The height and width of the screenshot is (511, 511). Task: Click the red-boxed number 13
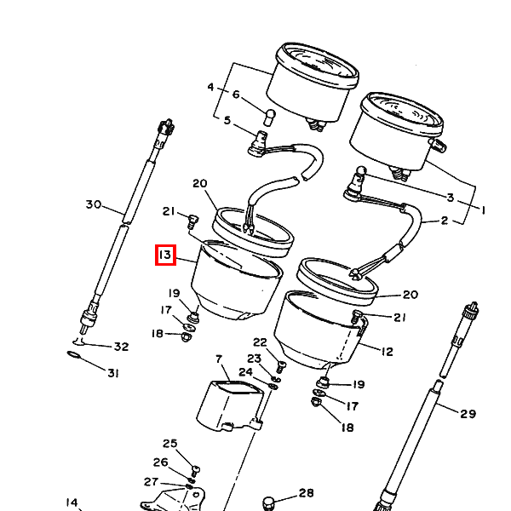165,255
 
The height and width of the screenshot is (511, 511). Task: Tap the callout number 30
94,204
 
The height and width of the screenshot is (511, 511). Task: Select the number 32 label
121,347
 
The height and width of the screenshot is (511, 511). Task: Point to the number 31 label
112,372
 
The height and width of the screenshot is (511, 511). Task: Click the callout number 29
468,414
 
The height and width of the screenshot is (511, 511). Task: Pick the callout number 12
388,352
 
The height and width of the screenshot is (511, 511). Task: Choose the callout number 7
219,359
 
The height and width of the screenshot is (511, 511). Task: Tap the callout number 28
306,493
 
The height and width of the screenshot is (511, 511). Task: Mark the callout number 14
72,502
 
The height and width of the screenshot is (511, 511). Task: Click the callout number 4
211,87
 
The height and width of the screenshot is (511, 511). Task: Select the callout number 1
483,210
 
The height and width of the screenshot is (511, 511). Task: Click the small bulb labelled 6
269,118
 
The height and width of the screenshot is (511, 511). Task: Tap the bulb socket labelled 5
258,142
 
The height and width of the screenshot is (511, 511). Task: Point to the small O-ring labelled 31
75,355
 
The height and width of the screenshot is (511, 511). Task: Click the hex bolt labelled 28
268,503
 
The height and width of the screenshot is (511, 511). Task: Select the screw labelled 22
281,366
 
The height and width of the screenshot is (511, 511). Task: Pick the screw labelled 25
195,471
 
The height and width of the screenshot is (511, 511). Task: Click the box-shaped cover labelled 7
230,405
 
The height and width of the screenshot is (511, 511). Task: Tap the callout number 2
445,221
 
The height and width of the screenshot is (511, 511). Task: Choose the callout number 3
450,198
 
